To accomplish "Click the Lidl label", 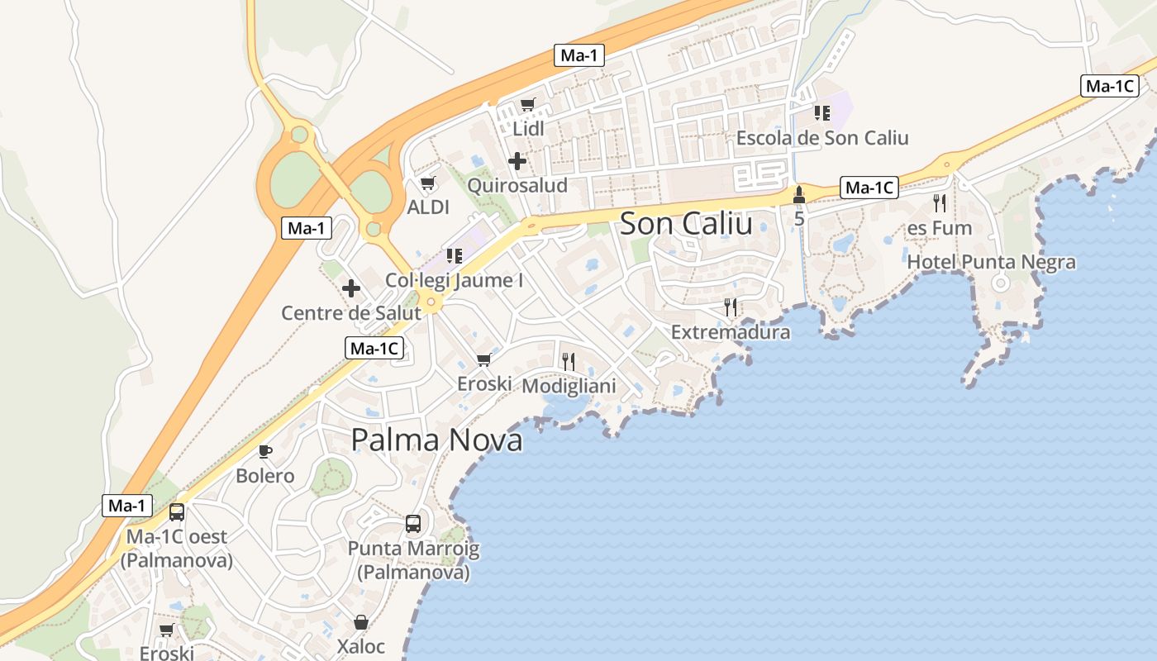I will (x=529, y=129).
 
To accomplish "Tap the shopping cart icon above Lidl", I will (x=528, y=105).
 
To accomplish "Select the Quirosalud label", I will (x=517, y=185).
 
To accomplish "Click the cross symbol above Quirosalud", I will (x=517, y=161).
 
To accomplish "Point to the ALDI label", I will (x=428, y=207).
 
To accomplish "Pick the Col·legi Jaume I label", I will (x=455, y=280).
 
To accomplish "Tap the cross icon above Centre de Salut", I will (x=351, y=288).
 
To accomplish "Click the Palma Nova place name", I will (x=436, y=440).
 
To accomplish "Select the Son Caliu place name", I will (x=686, y=223).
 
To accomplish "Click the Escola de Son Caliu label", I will (x=822, y=138).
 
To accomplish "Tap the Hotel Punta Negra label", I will (x=992, y=263).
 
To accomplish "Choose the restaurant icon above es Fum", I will (x=940, y=203).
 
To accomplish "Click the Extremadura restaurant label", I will (x=731, y=332).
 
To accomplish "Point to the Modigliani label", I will (x=569, y=386).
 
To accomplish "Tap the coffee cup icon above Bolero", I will (x=264, y=451).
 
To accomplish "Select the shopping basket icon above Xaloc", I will (x=361, y=622).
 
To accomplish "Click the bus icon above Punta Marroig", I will (x=413, y=524).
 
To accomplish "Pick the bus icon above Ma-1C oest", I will (x=176, y=512).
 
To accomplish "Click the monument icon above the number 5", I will (x=798, y=196).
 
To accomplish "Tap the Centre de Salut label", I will (x=351, y=313).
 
